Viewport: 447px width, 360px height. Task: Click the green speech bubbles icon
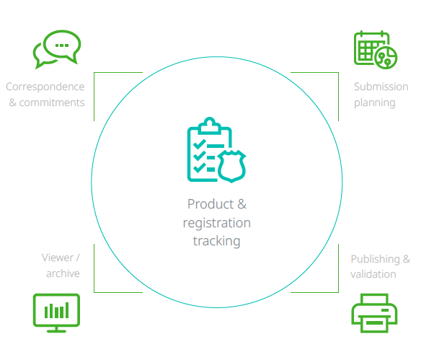57,49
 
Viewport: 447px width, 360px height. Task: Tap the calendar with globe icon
376,50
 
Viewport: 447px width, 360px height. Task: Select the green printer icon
374,313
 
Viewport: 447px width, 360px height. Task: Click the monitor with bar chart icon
56,313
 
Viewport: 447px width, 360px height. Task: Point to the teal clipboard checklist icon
216,150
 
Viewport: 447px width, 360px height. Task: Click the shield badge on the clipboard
231,167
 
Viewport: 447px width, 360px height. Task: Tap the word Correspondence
45,87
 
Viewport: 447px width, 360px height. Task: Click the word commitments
52,102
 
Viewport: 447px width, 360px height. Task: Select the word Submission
381,87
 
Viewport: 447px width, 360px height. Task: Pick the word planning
375,102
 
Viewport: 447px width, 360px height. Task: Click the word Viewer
58,258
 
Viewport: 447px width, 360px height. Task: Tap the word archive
63,273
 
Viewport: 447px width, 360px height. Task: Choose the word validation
373,274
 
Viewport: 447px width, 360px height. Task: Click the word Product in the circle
211,204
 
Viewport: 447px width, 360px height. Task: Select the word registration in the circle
217,223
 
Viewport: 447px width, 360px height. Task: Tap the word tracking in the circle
217,241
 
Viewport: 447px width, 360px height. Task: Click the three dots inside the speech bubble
62,45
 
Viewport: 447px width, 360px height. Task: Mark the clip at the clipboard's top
210,126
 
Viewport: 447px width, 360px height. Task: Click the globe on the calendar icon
386,58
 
